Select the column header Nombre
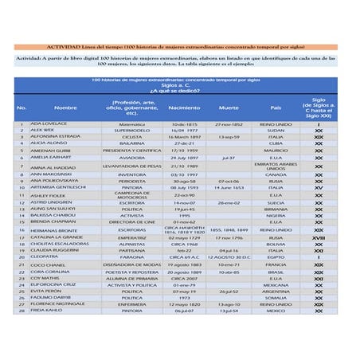[65, 108]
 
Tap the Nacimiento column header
[185, 108]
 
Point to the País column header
[276, 108]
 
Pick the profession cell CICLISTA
[132, 136]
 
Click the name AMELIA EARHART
[50, 158]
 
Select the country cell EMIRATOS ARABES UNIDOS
[276, 166]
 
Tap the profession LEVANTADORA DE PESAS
[132, 166]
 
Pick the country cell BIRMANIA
[276, 209]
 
